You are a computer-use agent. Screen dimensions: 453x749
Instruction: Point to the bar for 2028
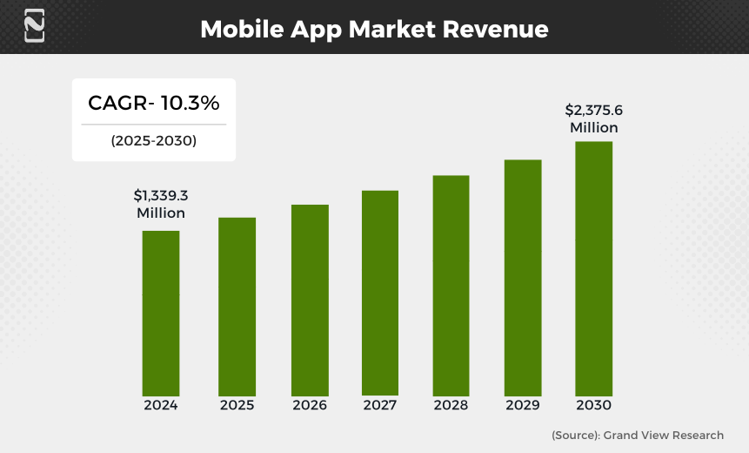click(451, 286)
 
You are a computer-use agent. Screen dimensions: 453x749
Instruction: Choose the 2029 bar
click(523, 278)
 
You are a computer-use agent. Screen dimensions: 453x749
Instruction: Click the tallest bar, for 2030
click(593, 269)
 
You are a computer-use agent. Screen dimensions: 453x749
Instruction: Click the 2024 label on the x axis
click(161, 406)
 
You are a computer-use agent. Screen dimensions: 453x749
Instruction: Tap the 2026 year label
click(310, 406)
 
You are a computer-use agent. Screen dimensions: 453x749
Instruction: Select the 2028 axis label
click(451, 406)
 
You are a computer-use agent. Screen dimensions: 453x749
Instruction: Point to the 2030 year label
click(593, 406)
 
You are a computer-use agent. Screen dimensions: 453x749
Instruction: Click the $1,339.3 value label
click(161, 196)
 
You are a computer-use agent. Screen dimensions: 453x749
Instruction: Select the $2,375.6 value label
click(593, 111)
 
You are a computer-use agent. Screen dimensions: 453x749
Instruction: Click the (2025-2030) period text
click(153, 140)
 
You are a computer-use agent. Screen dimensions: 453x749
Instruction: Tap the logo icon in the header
click(35, 26)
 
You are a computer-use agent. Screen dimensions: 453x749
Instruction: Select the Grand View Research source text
click(662, 435)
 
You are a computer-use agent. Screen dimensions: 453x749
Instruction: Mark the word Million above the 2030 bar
click(593, 128)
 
